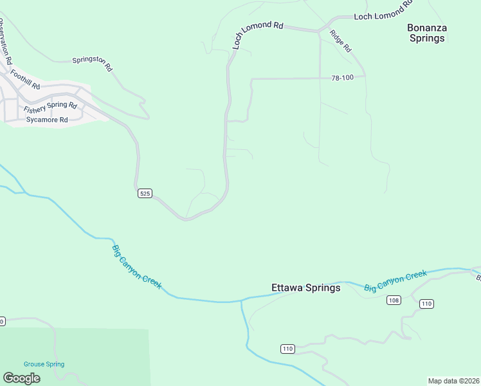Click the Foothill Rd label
[x=26, y=80]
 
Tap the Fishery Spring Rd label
[x=50, y=107]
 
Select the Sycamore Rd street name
[x=47, y=120]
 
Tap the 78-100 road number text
[x=343, y=78]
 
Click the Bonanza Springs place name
[x=427, y=33]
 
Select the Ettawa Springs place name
[x=305, y=288]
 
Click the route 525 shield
[x=145, y=193]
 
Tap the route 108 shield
[x=394, y=300]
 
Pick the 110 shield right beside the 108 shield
[x=426, y=304]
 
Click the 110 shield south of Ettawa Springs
[x=287, y=349]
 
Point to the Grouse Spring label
[x=44, y=364]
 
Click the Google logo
[x=21, y=378]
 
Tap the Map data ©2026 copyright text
[x=453, y=381]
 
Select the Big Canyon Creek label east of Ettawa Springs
[x=395, y=281]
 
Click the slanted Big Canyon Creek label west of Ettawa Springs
[x=137, y=267]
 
